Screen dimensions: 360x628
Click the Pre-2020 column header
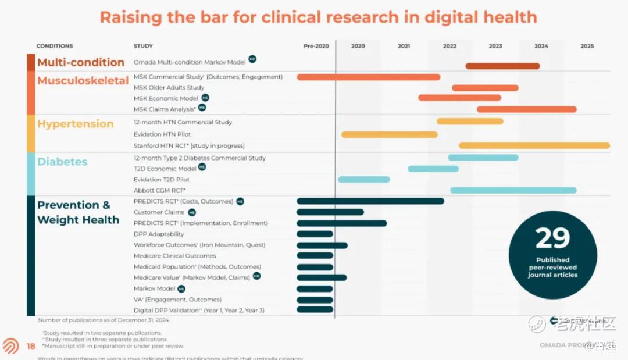(x=316, y=46)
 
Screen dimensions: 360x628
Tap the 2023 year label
(x=495, y=46)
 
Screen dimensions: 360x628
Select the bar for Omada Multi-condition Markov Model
(x=502, y=66)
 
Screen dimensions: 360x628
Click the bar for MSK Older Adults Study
(x=485, y=88)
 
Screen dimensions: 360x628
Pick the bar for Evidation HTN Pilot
(x=389, y=134)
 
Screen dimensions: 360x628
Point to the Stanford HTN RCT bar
(x=534, y=145)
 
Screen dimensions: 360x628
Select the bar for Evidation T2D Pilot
(x=363, y=179)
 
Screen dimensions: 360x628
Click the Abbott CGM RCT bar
(x=513, y=190)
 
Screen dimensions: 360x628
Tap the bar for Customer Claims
(x=330, y=212)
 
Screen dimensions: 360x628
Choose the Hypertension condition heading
(x=75, y=124)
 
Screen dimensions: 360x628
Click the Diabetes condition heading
(x=62, y=162)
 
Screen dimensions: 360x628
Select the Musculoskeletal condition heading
(x=83, y=81)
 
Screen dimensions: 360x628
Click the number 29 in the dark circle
(x=552, y=238)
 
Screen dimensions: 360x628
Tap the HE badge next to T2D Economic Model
(x=202, y=167)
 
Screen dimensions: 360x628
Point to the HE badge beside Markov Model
(x=181, y=288)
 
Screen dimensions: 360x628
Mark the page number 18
(x=31, y=347)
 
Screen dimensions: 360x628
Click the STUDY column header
(x=142, y=46)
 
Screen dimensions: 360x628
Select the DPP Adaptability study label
(x=159, y=234)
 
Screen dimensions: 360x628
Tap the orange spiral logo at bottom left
(x=10, y=346)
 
